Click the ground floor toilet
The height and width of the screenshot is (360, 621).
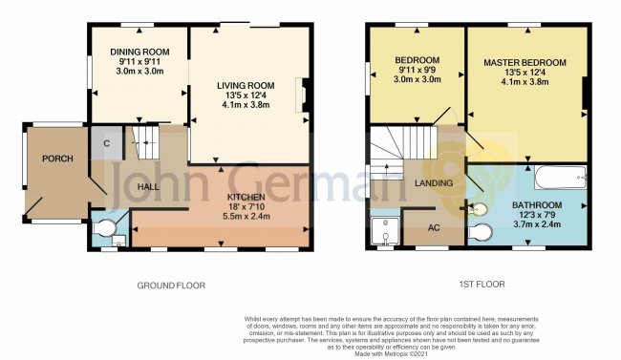tap(108, 229)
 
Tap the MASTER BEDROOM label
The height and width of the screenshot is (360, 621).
tap(525, 63)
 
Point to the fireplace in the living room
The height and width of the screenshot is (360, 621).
tap(305, 95)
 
